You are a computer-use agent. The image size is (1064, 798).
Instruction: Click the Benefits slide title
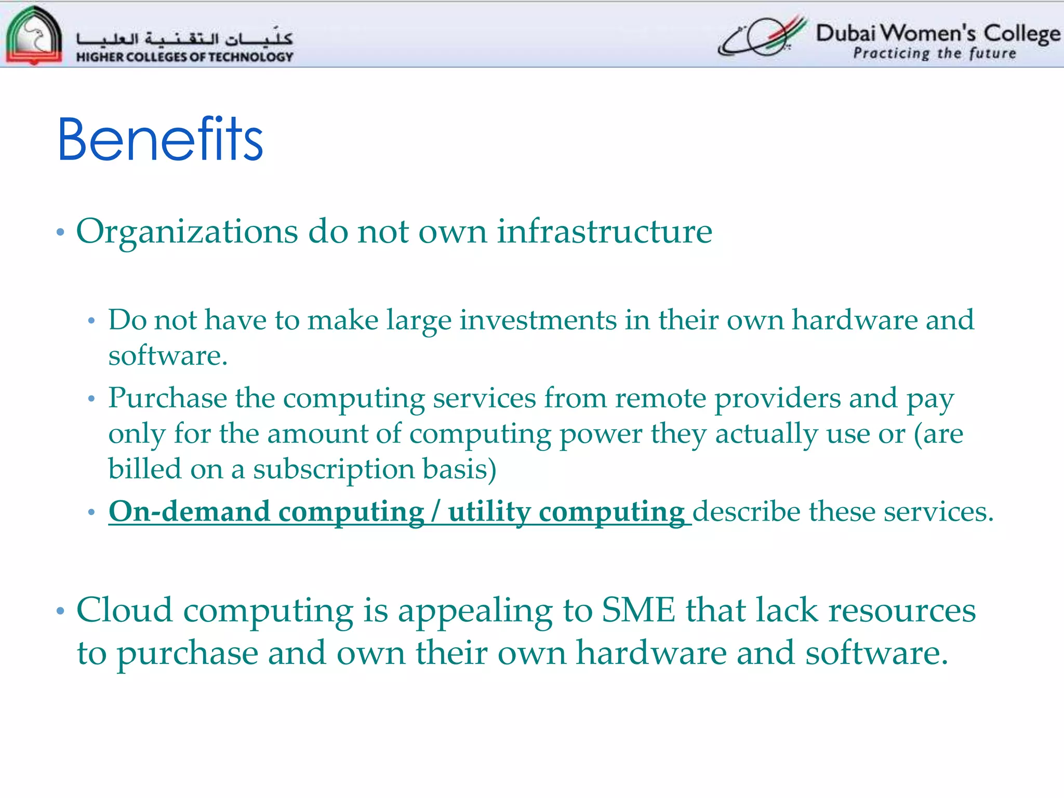tap(160, 139)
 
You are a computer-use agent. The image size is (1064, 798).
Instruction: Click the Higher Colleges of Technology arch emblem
tap(34, 35)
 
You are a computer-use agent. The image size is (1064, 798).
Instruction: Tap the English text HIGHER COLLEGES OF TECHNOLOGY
tap(184, 57)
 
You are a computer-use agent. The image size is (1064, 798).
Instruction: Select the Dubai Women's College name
tap(938, 34)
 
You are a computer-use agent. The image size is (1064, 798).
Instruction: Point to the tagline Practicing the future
tap(934, 54)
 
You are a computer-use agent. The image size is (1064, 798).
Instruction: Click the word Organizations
tap(187, 232)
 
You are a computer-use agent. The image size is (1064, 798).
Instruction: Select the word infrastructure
tap(604, 231)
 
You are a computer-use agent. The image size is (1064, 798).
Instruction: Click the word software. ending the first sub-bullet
tap(168, 356)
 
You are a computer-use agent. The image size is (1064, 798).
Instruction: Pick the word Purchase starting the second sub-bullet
tap(167, 398)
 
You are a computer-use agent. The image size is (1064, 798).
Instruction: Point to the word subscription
tap(334, 469)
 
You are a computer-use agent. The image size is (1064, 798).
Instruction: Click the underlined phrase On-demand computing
tap(266, 512)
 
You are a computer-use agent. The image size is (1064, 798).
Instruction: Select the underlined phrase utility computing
tap(566, 512)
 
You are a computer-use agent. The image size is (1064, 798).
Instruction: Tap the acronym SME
tap(639, 610)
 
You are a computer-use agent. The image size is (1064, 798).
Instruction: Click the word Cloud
tap(124, 610)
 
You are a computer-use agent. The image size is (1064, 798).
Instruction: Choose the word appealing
tap(475, 611)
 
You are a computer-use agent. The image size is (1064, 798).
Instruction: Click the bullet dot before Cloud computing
tap(60, 611)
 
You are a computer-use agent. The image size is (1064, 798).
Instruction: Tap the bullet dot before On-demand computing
tap(91, 512)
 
